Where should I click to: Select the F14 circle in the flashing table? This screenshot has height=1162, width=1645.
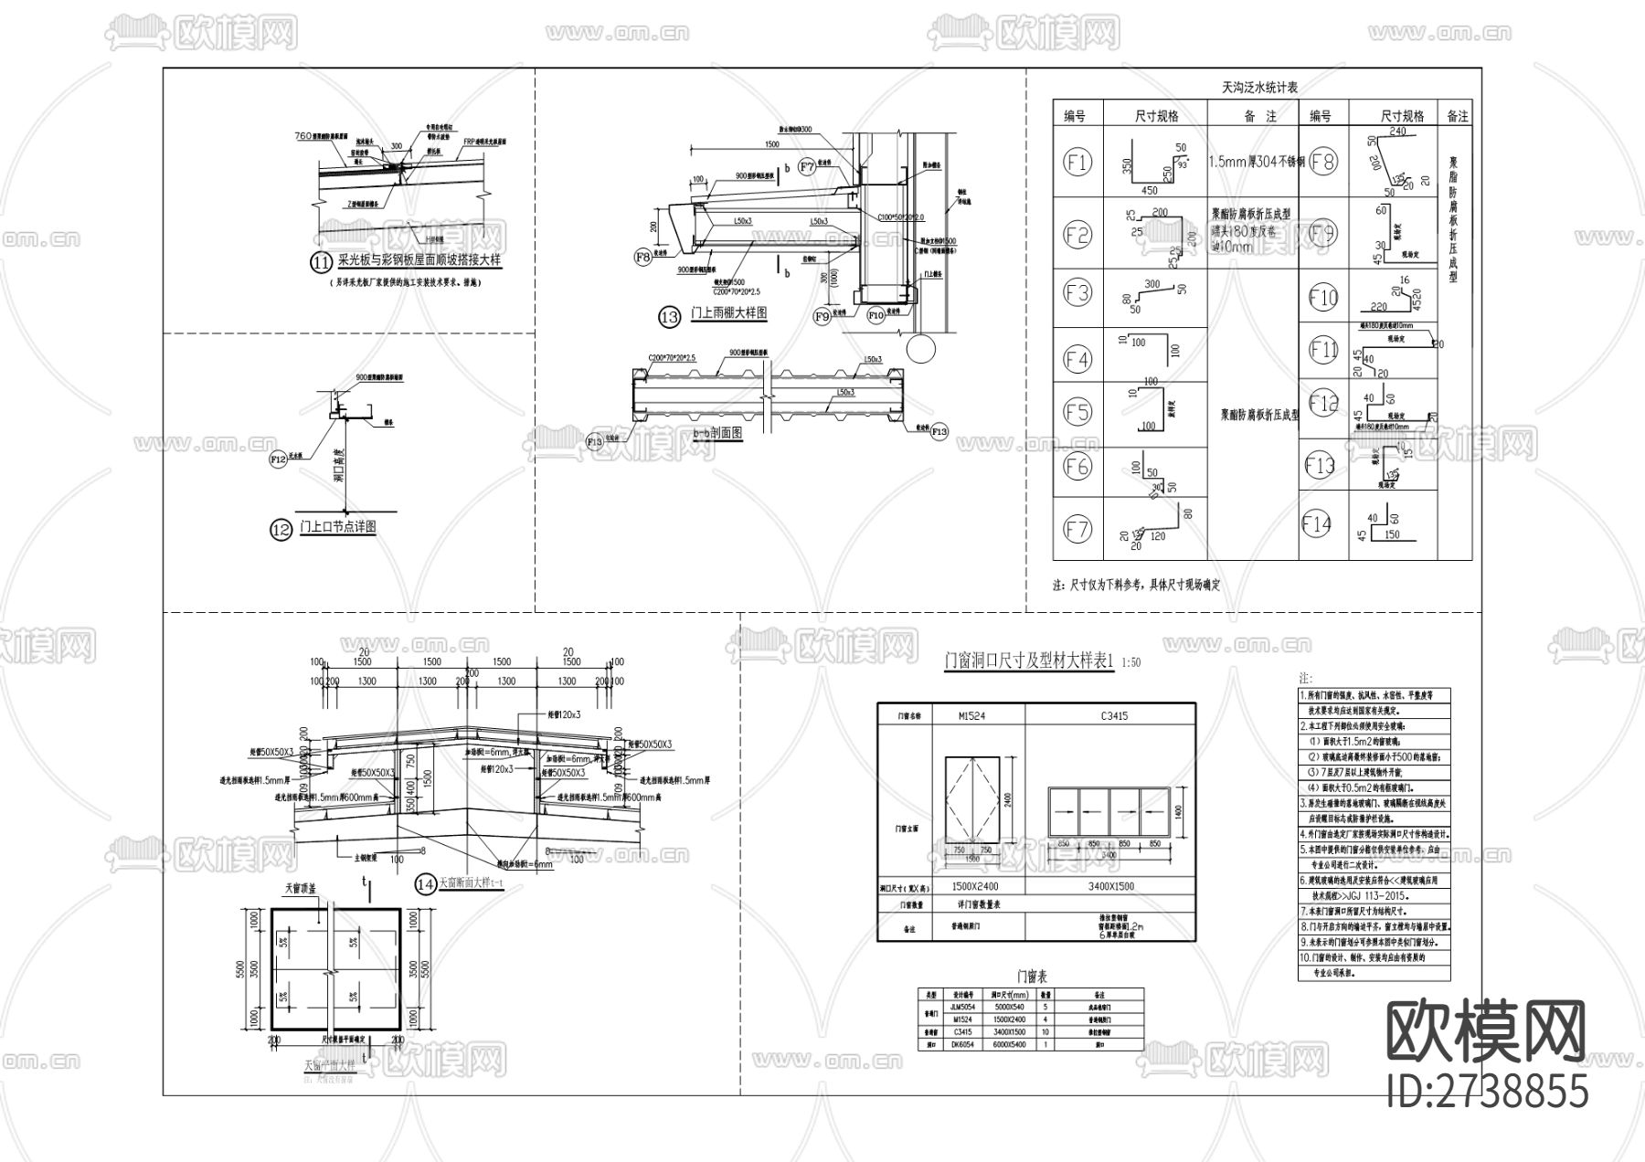tap(1317, 524)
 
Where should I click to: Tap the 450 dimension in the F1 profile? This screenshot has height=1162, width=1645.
tap(1150, 191)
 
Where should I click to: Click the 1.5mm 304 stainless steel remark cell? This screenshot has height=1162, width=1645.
tap(1254, 162)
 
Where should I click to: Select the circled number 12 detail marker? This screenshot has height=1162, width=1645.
tap(281, 529)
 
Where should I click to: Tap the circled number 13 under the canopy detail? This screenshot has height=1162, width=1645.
tap(670, 317)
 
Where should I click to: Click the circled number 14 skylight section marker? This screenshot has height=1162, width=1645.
tap(425, 883)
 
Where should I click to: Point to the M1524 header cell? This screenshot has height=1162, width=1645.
tap(950, 715)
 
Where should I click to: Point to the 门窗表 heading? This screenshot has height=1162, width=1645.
tap(1030, 975)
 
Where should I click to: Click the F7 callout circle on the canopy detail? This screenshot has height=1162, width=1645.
tap(807, 166)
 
